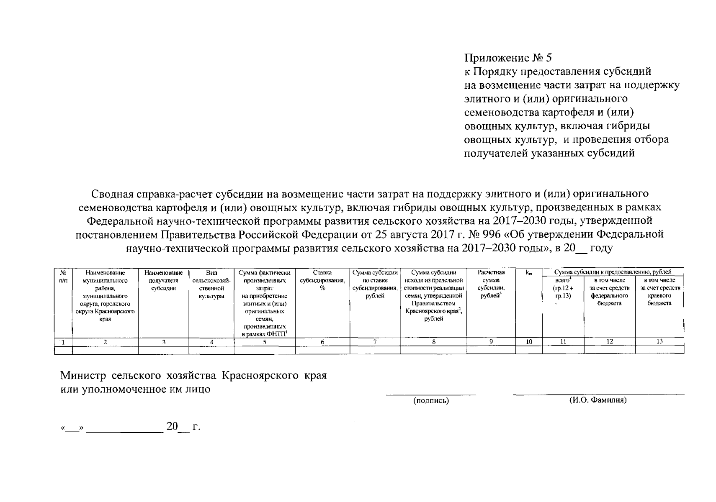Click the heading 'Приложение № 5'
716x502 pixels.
(510, 58)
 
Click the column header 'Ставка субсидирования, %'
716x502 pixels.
(322, 280)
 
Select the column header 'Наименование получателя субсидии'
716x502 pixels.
(163, 280)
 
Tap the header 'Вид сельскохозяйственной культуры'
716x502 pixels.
(211, 284)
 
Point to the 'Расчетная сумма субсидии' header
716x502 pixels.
(491, 284)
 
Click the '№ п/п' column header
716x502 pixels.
(63, 277)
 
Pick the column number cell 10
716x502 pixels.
(529, 342)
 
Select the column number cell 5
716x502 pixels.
(264, 342)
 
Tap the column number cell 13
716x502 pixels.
(659, 341)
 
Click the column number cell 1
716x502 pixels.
(63, 342)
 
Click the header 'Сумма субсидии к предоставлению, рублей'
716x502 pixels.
(613, 272)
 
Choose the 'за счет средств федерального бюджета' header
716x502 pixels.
(609, 292)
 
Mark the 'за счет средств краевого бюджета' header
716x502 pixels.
(660, 292)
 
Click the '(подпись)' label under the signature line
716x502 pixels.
(431, 401)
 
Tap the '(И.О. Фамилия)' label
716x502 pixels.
(598, 400)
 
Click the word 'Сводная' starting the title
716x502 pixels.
(111, 194)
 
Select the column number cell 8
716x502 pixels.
(434, 342)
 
